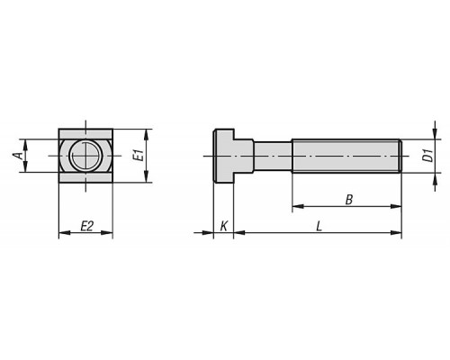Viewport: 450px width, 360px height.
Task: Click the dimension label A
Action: [18, 156]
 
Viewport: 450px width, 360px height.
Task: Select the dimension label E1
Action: [139, 156]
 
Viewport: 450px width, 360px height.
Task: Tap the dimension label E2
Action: [86, 226]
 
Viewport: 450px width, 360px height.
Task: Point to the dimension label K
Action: [224, 226]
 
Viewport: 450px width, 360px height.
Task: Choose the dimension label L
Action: [319, 226]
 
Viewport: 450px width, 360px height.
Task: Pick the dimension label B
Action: [348, 200]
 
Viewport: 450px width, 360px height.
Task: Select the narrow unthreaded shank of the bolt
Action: [273, 156]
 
